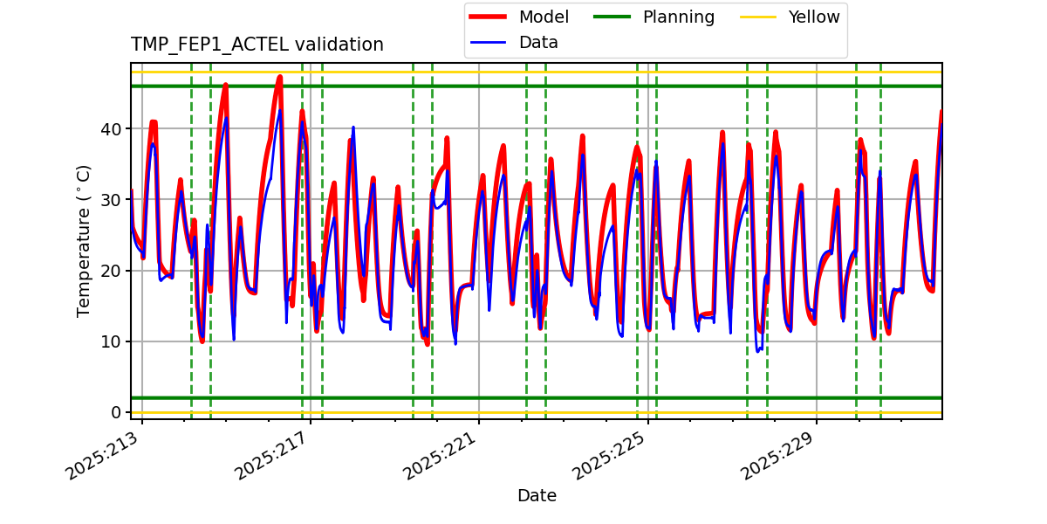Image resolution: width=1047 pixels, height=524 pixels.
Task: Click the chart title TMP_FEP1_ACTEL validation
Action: point(257,45)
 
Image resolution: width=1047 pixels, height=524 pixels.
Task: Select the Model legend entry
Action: point(544,17)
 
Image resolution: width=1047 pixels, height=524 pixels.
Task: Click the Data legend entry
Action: point(538,42)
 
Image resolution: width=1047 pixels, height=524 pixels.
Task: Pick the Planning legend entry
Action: point(678,17)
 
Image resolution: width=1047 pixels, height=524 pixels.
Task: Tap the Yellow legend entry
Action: point(813,17)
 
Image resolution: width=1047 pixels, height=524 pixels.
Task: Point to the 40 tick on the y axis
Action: point(112,129)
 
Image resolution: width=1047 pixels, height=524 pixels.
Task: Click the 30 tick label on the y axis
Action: point(112,200)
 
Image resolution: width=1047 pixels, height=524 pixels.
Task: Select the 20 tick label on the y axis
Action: point(112,271)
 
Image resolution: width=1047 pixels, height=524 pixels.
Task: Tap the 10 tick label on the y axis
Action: point(112,341)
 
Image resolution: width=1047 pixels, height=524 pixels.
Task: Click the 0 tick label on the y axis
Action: point(117,412)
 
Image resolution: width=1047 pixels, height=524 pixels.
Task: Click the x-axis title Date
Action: point(537,496)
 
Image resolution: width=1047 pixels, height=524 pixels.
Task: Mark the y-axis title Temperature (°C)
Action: point(84,240)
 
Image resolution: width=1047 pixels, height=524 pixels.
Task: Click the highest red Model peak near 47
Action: point(279,77)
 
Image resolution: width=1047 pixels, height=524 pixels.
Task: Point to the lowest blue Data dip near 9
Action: point(758,350)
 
